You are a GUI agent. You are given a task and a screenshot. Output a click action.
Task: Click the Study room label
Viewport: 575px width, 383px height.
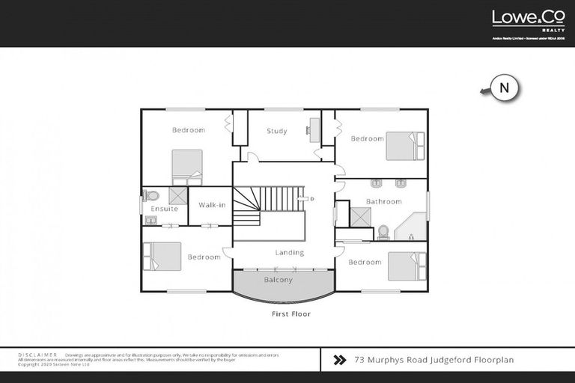(277, 132)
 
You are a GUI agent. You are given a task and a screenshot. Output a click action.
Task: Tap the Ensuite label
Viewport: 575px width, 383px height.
(165, 209)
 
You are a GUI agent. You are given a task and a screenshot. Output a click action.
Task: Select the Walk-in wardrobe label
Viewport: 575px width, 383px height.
(212, 204)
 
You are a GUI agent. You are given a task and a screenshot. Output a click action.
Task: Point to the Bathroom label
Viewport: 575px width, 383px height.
(384, 201)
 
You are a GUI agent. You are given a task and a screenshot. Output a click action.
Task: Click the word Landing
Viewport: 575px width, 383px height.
(289, 253)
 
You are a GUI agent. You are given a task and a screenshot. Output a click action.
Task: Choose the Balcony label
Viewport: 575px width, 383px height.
(279, 280)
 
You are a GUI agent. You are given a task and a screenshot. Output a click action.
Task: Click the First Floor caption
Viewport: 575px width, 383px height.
(291, 314)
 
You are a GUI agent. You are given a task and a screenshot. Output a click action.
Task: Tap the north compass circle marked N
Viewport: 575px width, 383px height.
(505, 88)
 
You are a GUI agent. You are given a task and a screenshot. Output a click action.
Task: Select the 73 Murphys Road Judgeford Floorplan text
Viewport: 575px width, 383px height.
(434, 360)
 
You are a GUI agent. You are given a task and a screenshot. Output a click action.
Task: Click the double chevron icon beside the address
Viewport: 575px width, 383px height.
(339, 360)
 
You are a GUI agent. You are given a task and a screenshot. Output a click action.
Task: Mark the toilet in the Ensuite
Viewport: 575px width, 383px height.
(153, 196)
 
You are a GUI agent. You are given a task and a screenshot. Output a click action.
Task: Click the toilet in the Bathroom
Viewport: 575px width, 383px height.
(383, 231)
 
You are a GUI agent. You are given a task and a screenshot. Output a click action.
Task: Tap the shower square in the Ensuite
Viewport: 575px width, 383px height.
(177, 195)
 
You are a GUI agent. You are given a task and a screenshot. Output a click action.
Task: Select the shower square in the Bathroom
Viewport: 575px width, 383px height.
(360, 217)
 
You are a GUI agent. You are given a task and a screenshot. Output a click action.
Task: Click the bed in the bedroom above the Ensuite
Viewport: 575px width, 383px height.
(187, 166)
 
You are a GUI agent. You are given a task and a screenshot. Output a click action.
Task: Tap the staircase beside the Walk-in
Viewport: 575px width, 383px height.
(247, 205)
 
